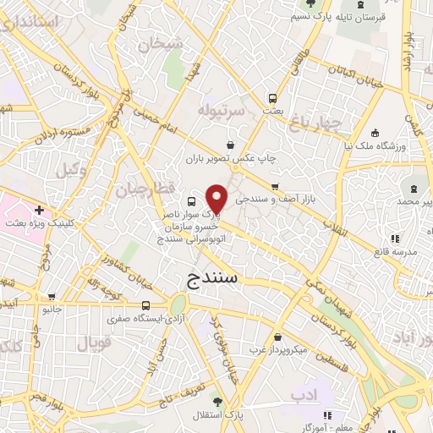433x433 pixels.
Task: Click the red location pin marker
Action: click(217, 198)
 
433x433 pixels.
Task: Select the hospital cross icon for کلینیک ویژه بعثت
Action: click(39, 208)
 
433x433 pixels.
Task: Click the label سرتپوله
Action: click(221, 111)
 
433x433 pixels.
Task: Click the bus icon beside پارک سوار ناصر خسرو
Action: click(191, 201)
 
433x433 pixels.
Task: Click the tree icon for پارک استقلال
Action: click(218, 402)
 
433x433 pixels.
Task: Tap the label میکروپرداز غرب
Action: click(283, 348)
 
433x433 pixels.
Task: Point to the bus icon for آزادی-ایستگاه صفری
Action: click(146, 305)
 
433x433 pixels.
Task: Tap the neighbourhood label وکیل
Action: click(72, 170)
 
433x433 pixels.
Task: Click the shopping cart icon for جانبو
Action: click(53, 297)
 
